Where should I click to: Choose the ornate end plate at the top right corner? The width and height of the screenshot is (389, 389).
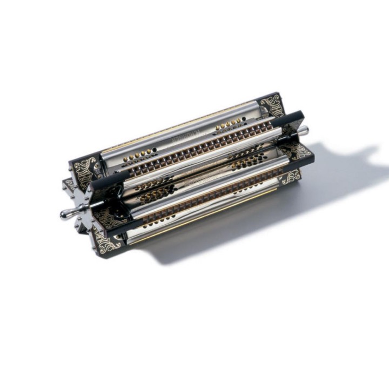tap(271, 105)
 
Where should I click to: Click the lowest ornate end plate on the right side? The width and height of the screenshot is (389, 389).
tap(291, 176)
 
